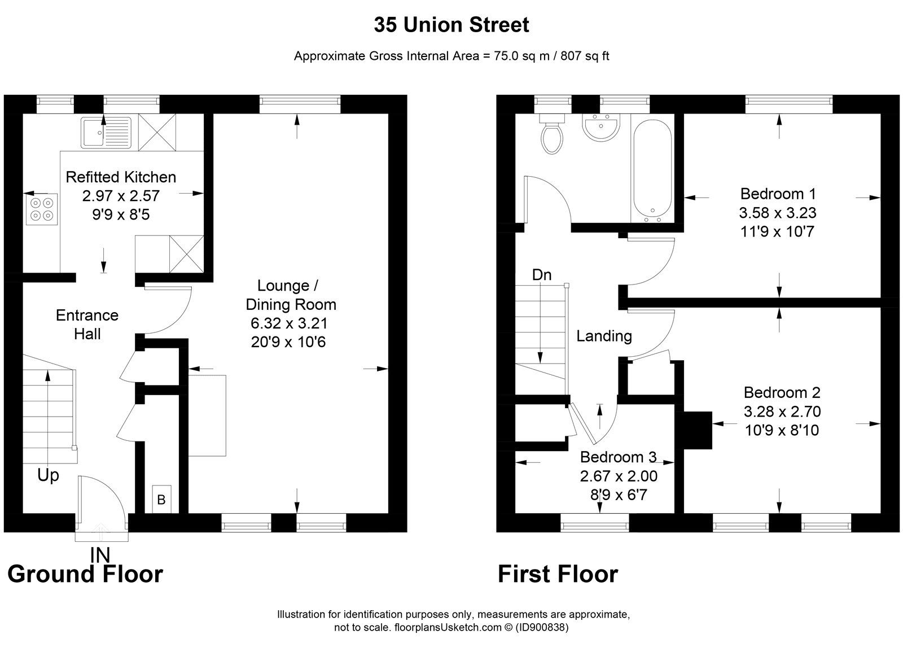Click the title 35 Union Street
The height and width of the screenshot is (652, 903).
pos(451,25)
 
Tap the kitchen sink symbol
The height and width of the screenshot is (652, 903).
pos(106,133)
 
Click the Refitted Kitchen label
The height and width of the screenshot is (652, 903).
pos(121,177)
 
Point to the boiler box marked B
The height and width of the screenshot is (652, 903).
pos(161,500)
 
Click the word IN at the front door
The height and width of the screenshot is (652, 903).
pos(99,555)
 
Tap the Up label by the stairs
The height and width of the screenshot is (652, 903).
pos(48,475)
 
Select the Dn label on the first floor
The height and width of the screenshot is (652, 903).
pos(542,275)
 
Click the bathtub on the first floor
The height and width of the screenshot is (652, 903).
pos(652,169)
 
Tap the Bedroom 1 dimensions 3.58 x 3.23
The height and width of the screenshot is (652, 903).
pos(778,213)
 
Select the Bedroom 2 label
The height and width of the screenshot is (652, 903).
pos(782,392)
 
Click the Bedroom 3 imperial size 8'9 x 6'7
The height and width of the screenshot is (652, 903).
pos(619,495)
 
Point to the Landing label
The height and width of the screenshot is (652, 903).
pos(604,336)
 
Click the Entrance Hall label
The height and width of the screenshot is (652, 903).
pos(87,325)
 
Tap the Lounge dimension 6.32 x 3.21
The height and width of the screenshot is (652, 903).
pos(290,323)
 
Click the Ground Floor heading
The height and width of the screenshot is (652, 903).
pos(85,574)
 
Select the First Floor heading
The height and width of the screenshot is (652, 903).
pos(558,574)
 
